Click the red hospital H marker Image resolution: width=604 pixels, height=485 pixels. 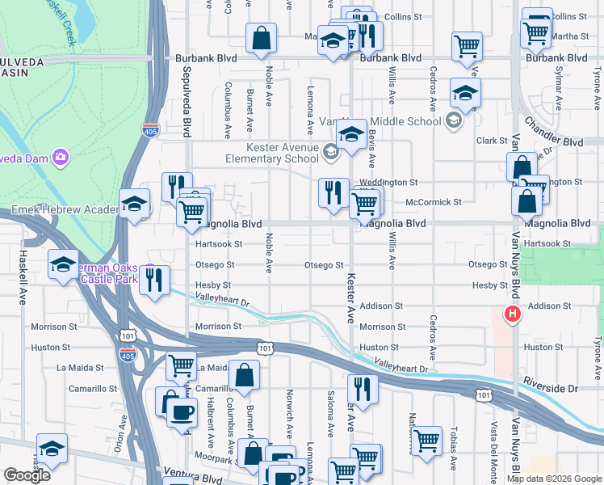pyautogui.click(x=511, y=314)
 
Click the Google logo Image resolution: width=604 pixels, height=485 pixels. pyautogui.click(x=27, y=475)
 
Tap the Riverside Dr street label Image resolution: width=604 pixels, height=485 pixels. pyautogui.click(x=573, y=388)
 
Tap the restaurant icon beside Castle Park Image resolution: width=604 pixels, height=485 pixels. pyautogui.click(x=154, y=279)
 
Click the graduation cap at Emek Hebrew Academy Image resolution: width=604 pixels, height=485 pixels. pyautogui.click(x=134, y=203)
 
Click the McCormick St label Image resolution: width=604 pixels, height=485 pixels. pyautogui.click(x=433, y=202)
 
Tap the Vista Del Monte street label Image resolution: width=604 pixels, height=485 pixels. pyautogui.click(x=492, y=449)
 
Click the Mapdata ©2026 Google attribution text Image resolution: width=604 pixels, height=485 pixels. pyautogui.click(x=554, y=479)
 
